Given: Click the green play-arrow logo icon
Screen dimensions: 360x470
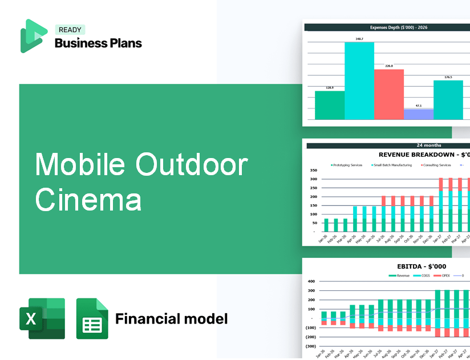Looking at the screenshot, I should [33, 36].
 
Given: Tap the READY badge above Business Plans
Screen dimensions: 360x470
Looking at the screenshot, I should [70, 30].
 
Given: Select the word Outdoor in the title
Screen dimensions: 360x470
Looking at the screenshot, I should [192, 165].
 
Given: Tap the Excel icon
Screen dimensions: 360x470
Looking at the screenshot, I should [42, 318].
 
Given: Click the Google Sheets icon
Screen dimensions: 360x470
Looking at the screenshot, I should [92, 318].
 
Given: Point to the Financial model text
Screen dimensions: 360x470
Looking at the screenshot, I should [171, 318].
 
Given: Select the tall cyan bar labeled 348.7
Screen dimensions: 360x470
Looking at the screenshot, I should [359, 80].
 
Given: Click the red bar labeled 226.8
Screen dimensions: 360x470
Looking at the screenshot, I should [388, 94].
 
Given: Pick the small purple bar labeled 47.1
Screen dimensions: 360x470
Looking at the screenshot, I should [418, 114].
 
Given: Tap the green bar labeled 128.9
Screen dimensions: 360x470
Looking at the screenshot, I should [330, 105].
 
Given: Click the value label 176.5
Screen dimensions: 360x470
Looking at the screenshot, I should [448, 77].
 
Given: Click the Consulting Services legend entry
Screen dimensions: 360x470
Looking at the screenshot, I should [436, 165].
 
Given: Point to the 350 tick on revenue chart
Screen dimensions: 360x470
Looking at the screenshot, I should [313, 170].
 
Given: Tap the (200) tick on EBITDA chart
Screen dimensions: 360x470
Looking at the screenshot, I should [310, 337].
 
